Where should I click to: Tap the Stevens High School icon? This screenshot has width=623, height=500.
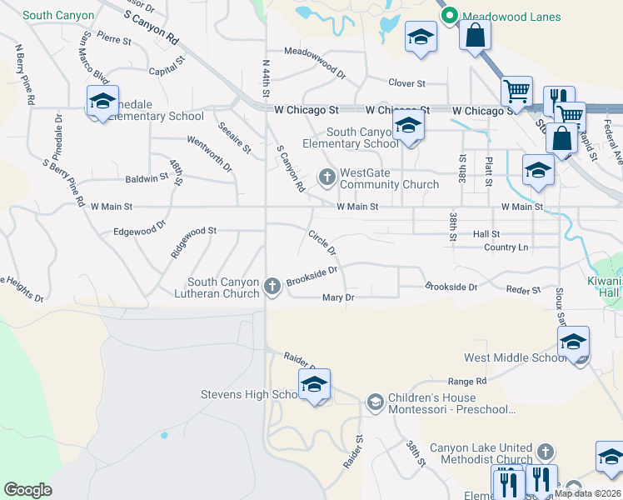tap(314, 385)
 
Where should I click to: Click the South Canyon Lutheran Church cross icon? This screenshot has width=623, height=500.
tap(272, 287)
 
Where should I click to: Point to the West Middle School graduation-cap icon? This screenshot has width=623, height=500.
tap(573, 342)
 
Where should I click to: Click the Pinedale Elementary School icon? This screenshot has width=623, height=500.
tap(102, 102)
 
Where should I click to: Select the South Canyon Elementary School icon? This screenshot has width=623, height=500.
tap(408, 127)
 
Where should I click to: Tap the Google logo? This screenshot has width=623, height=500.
tap(27, 490)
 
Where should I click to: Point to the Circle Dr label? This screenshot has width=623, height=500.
tap(321, 242)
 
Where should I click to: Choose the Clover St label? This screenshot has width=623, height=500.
tap(407, 83)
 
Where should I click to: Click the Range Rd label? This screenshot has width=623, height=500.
tap(466, 381)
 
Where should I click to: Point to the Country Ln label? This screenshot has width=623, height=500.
tap(506, 247)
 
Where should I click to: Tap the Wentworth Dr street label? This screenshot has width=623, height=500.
tap(210, 154)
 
